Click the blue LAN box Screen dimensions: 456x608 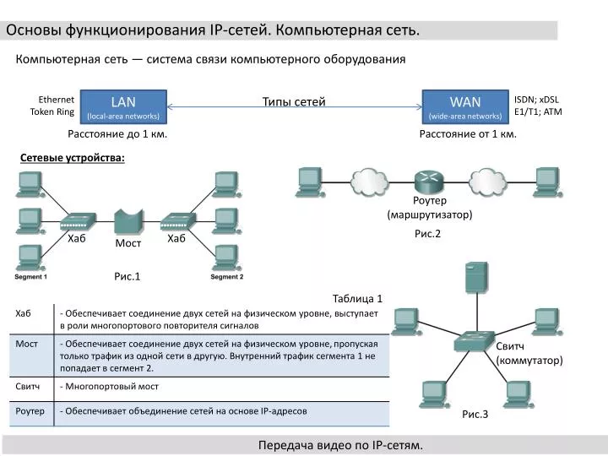point(123,106)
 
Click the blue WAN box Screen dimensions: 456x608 point(465,106)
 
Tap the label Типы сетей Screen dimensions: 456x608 point(294,102)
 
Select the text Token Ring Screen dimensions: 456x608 point(52,112)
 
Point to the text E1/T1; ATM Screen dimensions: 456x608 point(538,112)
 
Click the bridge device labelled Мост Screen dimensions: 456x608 point(127,220)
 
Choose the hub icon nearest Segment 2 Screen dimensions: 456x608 point(176,220)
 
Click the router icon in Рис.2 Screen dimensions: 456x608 point(429,181)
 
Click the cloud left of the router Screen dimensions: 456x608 point(367,179)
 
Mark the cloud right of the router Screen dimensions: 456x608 point(488,179)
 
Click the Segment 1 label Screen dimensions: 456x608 point(30,277)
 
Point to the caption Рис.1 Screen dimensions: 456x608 point(127,276)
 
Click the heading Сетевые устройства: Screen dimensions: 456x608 point(73,158)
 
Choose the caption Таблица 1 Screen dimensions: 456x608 point(357,298)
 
